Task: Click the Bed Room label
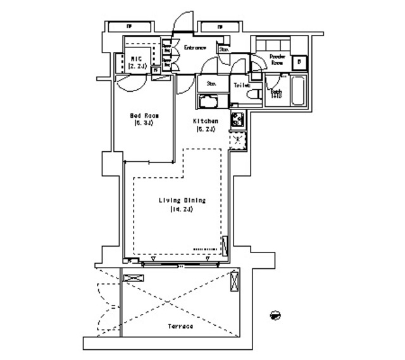[144, 116]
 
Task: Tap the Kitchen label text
[206, 121]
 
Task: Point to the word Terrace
[180, 326]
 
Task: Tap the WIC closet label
[137, 58]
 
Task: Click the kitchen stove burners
[237, 118]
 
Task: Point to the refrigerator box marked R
[237, 141]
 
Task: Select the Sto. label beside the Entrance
[224, 49]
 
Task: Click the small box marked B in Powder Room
[299, 62]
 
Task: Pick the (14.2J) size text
[180, 209]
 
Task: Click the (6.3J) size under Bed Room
[144, 124]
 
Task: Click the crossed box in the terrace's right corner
[235, 279]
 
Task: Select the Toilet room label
[242, 85]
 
